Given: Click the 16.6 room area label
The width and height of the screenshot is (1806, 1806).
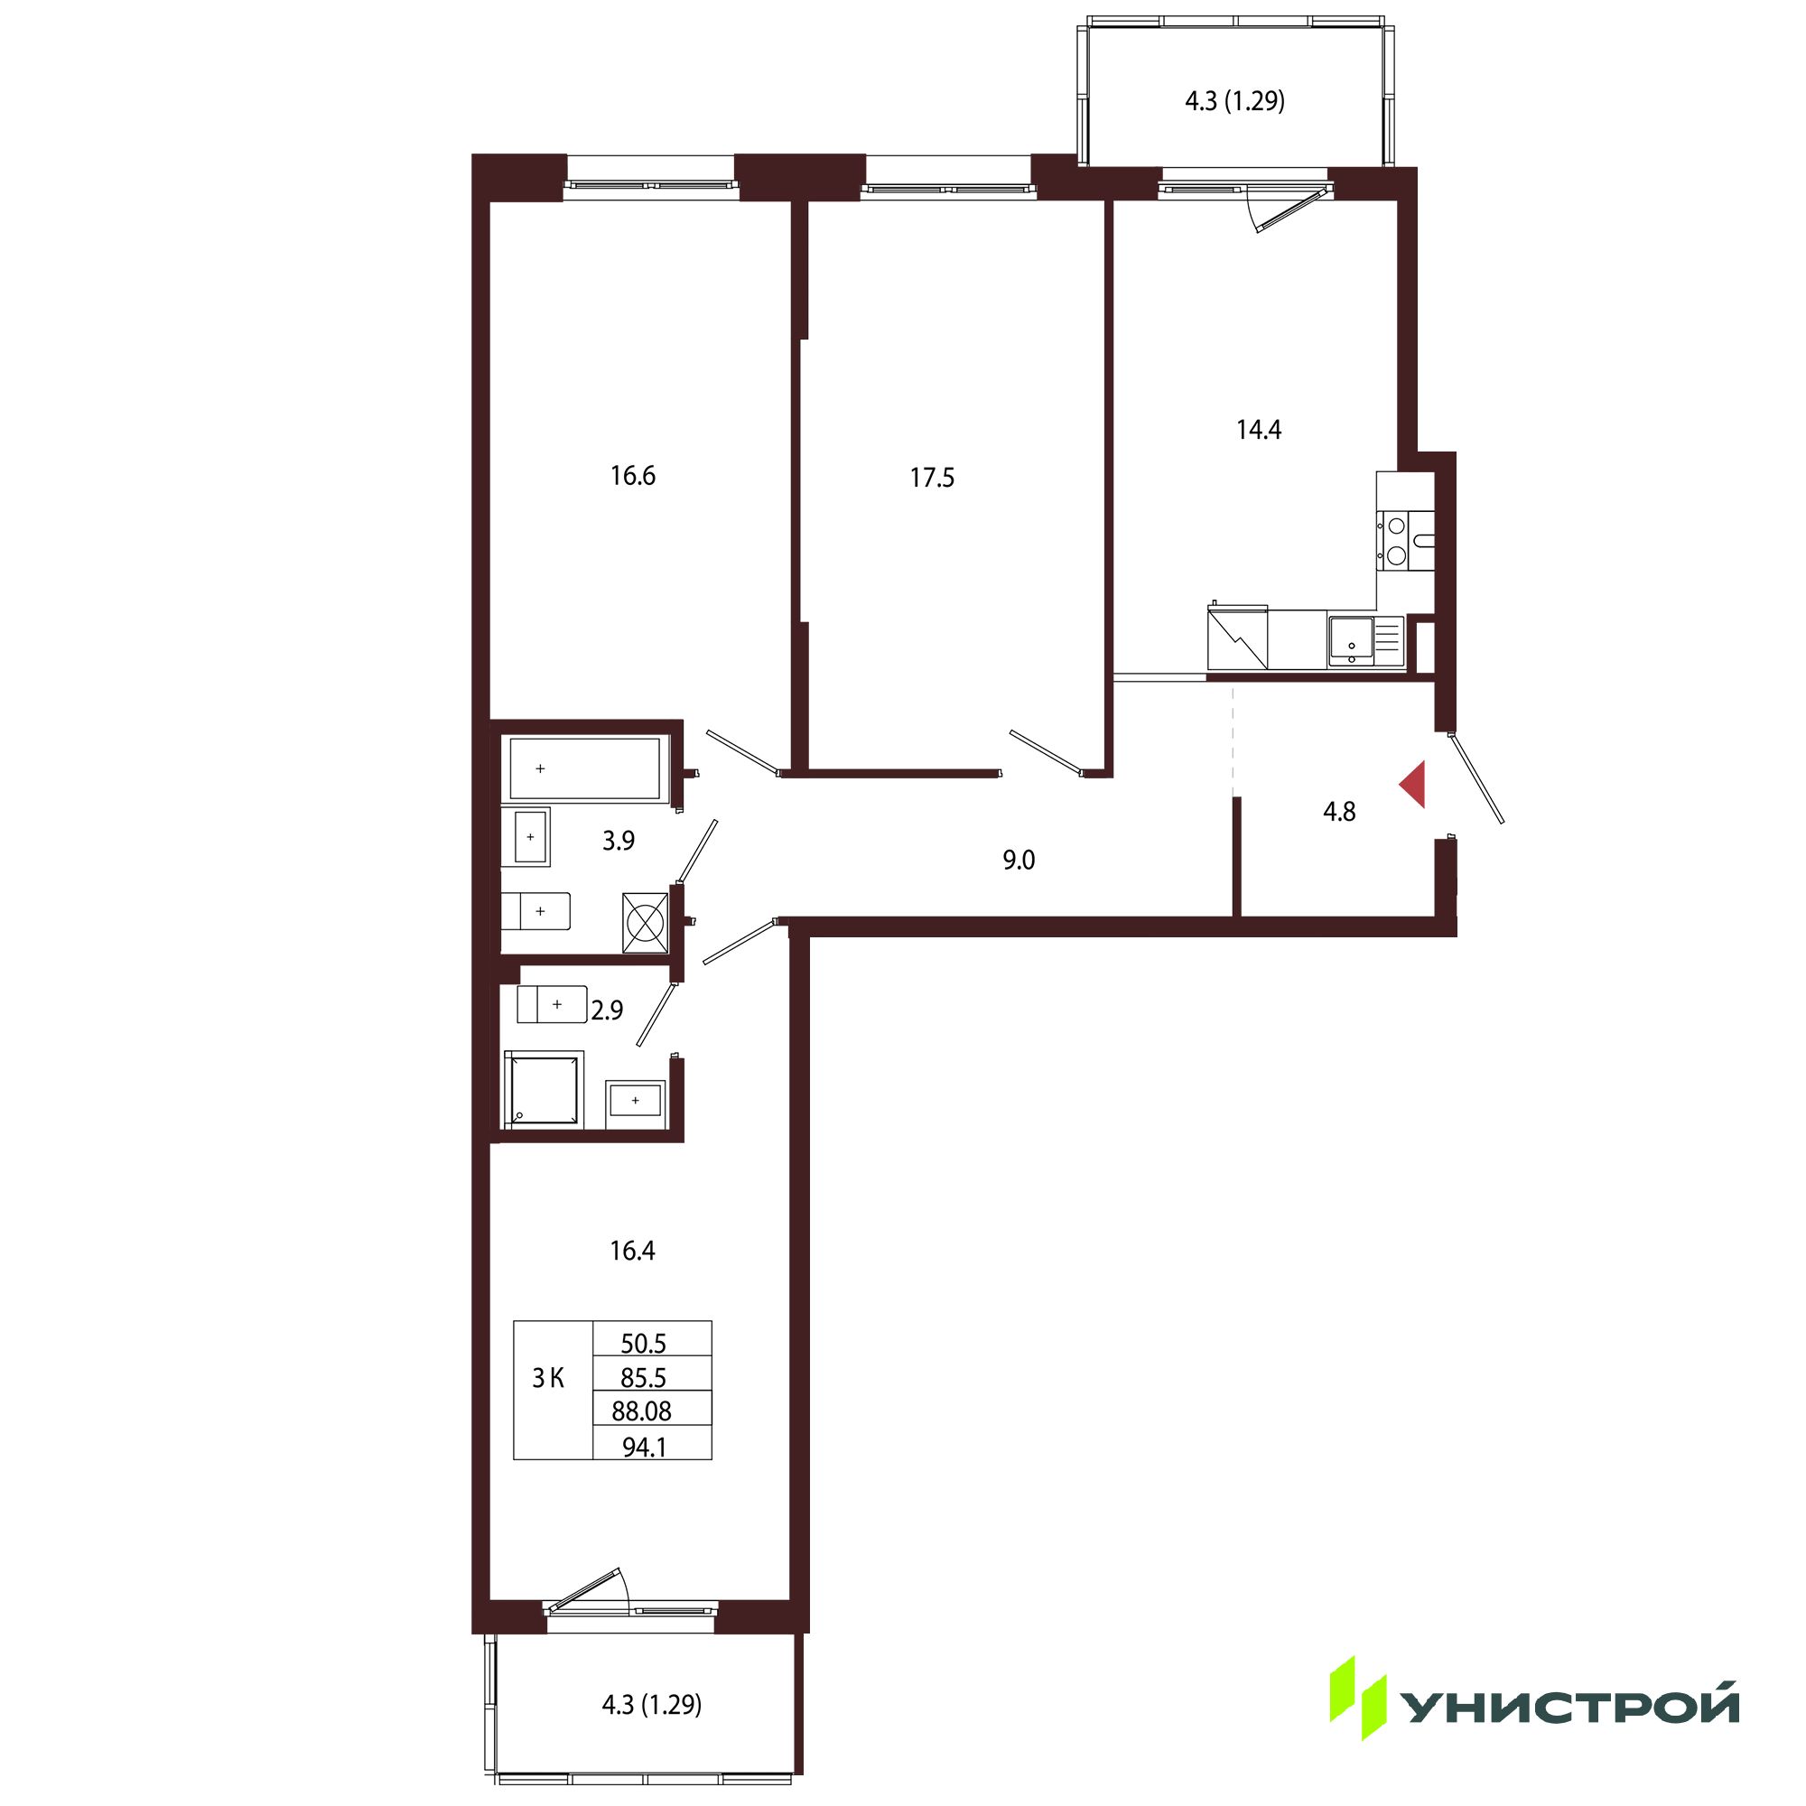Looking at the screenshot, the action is coord(633,476).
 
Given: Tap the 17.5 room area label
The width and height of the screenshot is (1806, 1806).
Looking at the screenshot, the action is coord(932,478).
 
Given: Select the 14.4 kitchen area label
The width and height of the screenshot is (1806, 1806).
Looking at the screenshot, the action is coord(1258,429).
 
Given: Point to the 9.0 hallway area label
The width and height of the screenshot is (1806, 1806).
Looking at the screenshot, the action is coord(1019,860).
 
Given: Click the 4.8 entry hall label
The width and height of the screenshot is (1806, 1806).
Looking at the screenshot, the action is coord(1338,812).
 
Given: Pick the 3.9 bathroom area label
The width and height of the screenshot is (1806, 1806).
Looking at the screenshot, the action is coord(618,841).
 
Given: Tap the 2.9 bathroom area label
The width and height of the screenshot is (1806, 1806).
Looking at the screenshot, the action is coord(607,1010).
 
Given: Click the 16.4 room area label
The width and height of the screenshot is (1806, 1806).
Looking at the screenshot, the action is coord(632,1251).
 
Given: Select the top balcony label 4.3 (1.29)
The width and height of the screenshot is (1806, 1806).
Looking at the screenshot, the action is coord(1234,101).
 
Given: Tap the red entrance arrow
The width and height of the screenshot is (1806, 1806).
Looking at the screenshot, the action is coord(1413,785).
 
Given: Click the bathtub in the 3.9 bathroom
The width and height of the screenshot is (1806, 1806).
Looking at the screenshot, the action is coord(585,768).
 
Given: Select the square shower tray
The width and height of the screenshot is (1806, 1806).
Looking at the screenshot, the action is coord(544,1089).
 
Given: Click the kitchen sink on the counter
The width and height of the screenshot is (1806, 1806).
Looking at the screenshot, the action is coord(1350,640).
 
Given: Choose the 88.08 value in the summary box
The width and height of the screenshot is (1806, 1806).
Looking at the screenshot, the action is coord(641,1410).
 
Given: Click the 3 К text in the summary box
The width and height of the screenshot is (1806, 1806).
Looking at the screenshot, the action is coord(548,1378).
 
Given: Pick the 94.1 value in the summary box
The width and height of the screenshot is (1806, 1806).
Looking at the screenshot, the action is coord(645,1447).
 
